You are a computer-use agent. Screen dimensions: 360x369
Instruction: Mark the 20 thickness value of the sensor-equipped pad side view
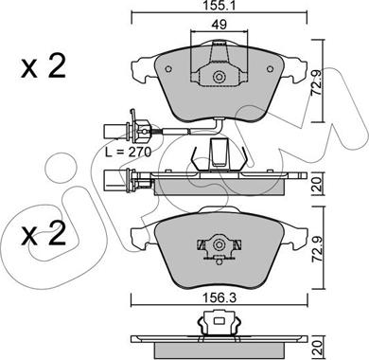[x=330, y=183]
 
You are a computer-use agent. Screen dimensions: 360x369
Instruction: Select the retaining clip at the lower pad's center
[x=220, y=248]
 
